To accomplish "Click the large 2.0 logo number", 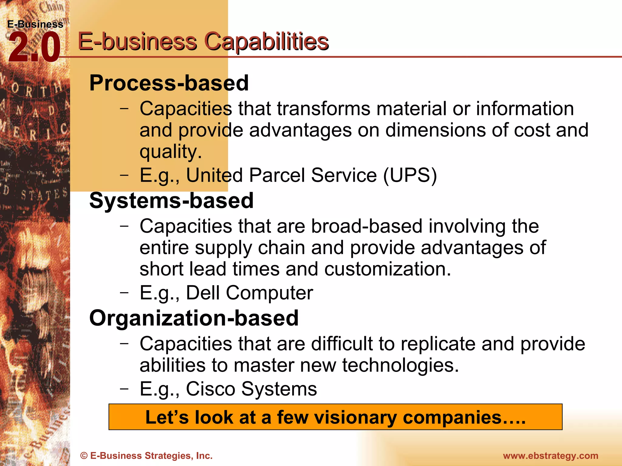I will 34,48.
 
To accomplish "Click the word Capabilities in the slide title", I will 266,42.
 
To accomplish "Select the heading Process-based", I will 169,83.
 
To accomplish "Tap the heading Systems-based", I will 171,201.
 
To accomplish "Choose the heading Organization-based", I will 194,318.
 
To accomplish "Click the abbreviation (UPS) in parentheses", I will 410,175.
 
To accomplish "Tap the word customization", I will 388,269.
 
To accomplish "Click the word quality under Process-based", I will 170,151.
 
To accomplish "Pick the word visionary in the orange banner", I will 355,417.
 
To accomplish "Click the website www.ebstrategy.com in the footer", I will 550,456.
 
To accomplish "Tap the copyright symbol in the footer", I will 84,456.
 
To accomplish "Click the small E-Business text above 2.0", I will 35,24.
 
